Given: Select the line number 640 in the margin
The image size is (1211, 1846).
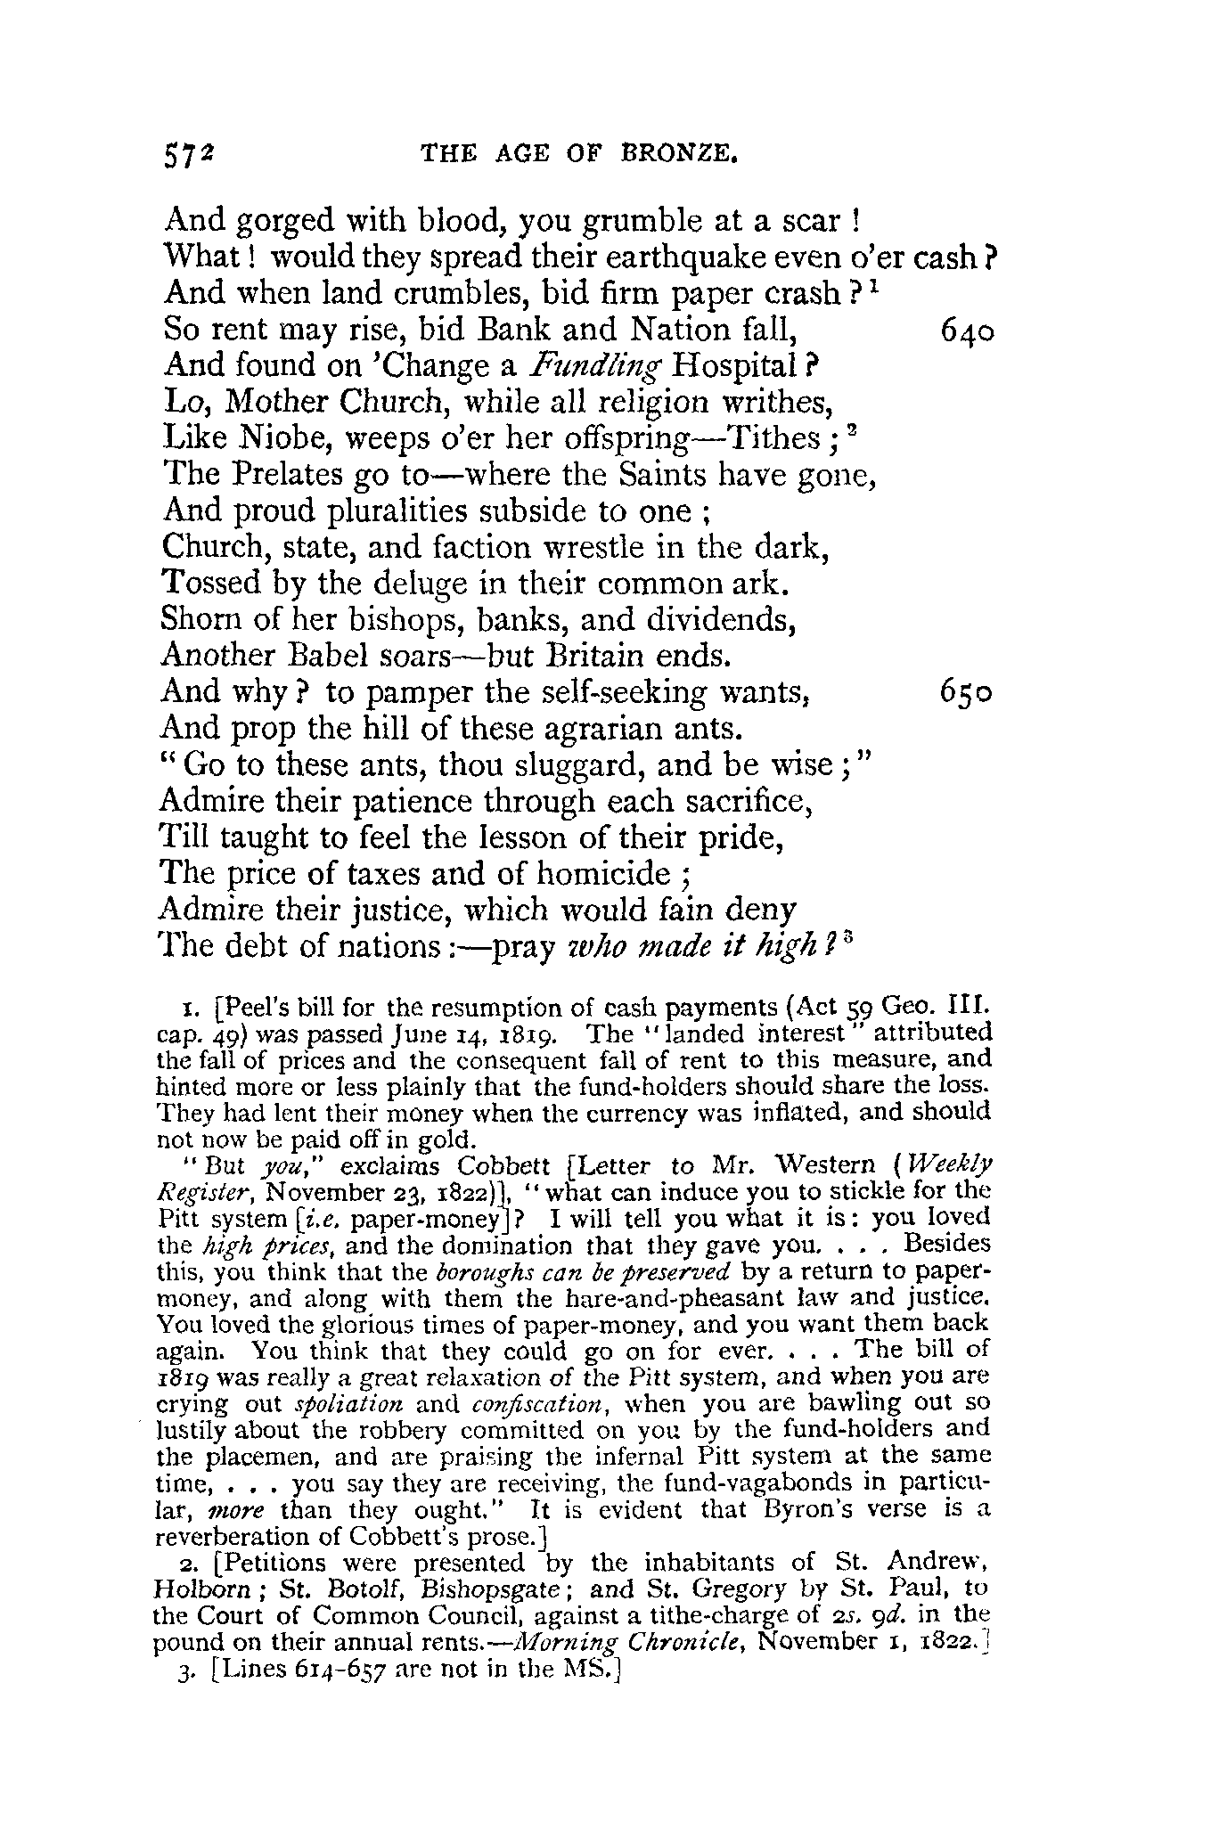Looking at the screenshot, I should coord(967,331).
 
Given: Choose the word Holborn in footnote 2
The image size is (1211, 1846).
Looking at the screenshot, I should coord(196,1588).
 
